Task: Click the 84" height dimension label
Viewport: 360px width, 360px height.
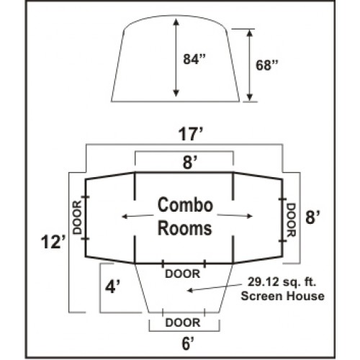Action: click(x=194, y=59)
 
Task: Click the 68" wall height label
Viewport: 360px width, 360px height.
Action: click(x=267, y=65)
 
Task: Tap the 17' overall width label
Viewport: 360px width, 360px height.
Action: click(x=191, y=135)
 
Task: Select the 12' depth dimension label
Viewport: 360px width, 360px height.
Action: click(x=53, y=242)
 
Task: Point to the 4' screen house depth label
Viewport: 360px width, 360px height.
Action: click(x=112, y=287)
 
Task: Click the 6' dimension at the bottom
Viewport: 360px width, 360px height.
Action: click(x=188, y=344)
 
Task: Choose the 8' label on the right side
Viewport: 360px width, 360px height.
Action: click(x=312, y=217)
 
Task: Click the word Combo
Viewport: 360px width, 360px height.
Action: click(x=185, y=204)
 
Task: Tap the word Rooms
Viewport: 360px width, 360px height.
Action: click(x=185, y=228)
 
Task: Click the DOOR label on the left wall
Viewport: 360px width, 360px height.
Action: click(x=77, y=217)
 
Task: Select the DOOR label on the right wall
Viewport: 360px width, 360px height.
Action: click(x=291, y=220)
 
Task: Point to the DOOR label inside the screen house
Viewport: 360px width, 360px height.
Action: click(x=183, y=274)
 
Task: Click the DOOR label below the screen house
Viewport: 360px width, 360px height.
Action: click(x=183, y=323)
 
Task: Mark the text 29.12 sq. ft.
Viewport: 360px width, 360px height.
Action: click(x=282, y=282)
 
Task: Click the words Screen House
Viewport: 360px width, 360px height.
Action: click(x=282, y=296)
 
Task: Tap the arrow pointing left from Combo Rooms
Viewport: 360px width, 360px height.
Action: click(x=138, y=216)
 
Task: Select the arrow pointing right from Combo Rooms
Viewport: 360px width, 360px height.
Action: click(x=235, y=215)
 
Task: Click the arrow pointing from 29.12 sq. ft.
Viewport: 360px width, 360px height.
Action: click(x=214, y=287)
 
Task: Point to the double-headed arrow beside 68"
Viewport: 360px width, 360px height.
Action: click(x=250, y=66)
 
